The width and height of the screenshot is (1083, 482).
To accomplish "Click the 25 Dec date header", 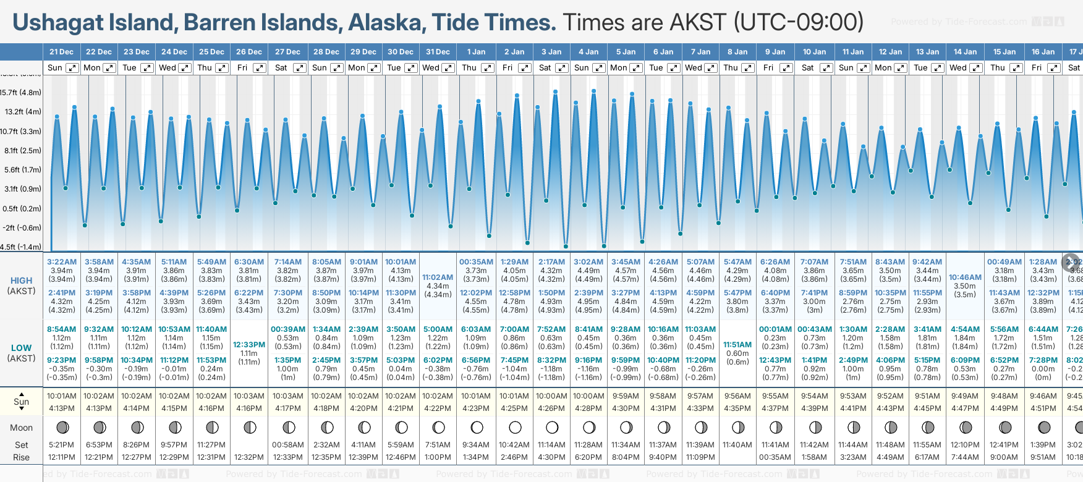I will (x=211, y=52).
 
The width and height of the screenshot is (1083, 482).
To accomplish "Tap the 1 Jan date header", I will (x=476, y=52).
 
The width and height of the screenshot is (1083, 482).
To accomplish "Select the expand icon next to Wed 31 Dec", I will (x=449, y=68).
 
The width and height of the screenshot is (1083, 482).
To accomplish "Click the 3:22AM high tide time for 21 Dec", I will (x=62, y=262).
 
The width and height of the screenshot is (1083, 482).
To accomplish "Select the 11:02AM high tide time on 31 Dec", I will (x=438, y=277).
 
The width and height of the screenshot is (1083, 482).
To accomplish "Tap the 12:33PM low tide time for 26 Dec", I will (x=249, y=345).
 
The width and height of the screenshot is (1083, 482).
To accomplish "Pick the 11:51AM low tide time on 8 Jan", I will (x=737, y=345).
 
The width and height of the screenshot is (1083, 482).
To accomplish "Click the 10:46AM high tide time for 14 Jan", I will (x=965, y=277).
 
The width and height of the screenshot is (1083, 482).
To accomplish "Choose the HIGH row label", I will (x=21, y=281).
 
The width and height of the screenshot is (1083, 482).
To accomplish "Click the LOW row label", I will (x=21, y=348).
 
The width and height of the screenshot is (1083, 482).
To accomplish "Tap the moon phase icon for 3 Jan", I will (x=552, y=427).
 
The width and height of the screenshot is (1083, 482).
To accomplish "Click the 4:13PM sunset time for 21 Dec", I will (x=62, y=408).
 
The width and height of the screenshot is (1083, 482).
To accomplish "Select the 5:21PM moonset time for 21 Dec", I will (x=62, y=445).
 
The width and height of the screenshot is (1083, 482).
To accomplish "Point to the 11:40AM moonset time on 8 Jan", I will (x=737, y=445).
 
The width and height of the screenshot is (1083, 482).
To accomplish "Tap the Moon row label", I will (x=21, y=428).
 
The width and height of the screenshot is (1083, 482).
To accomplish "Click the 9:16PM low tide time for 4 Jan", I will (x=588, y=360).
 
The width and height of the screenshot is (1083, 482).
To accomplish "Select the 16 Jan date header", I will (x=1043, y=52).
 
